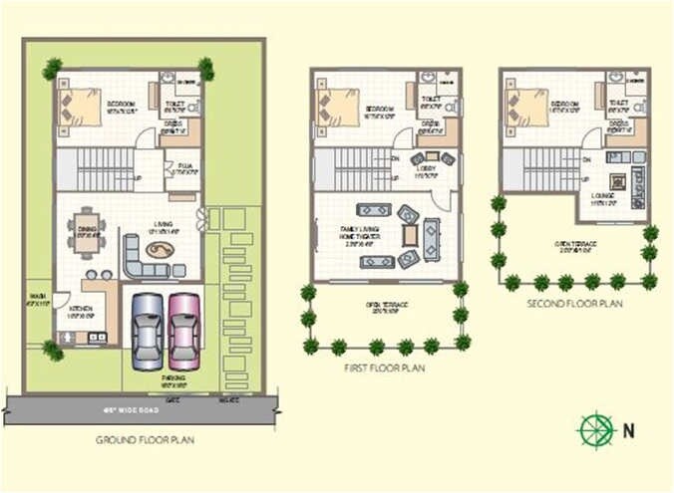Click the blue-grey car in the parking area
click(x=148, y=330)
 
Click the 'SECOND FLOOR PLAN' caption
click(x=576, y=304)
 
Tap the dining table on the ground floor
click(x=89, y=230)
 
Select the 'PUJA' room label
click(x=184, y=168)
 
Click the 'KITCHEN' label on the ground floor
click(x=82, y=310)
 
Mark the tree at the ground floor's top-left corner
click(x=53, y=69)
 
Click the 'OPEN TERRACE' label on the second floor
click(x=576, y=243)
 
